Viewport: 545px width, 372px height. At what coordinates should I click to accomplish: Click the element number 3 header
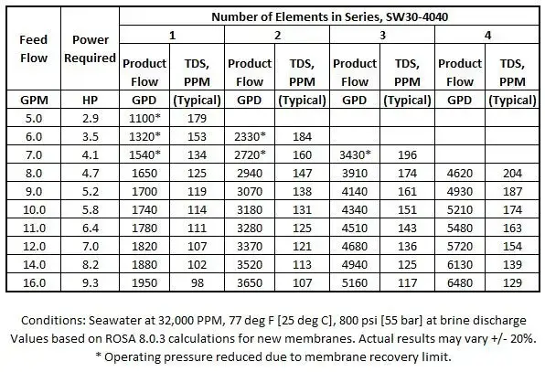pos(383,35)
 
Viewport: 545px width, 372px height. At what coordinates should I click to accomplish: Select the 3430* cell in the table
pos(355,154)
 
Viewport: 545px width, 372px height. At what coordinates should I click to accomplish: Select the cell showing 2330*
pos(250,135)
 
